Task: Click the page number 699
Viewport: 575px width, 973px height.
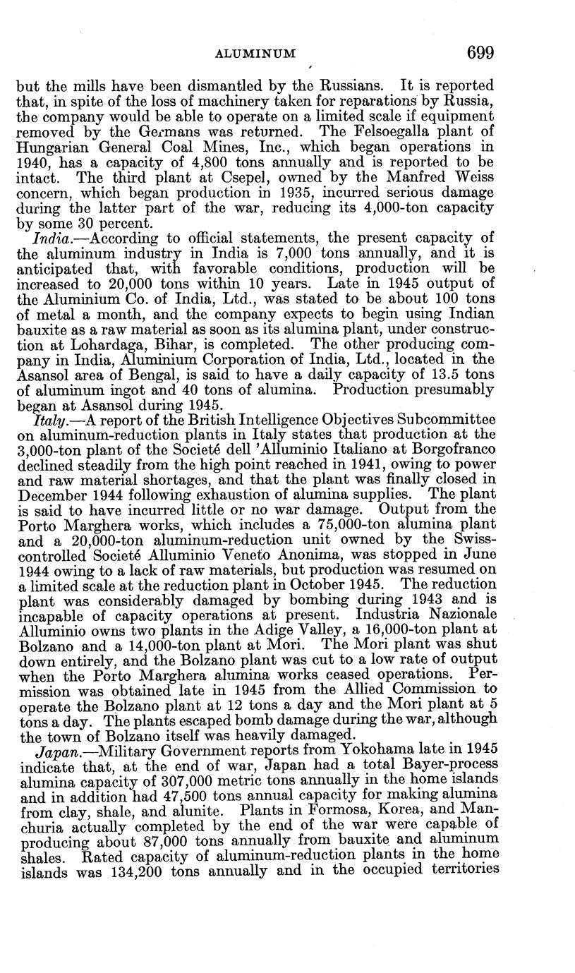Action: [x=479, y=52]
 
